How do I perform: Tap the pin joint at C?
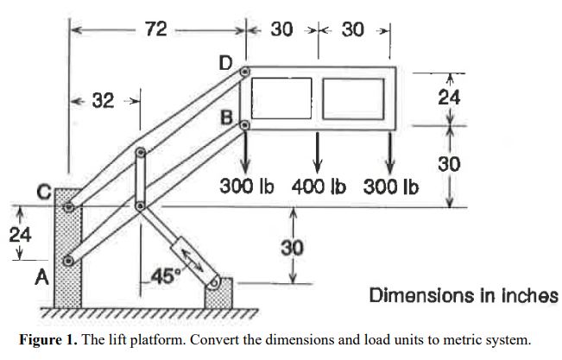[67, 206]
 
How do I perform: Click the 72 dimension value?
[156, 29]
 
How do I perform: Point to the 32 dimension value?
[104, 101]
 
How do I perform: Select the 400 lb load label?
[319, 186]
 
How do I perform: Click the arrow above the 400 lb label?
[319, 151]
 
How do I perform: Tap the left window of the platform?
[281, 98]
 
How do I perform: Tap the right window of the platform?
[353, 98]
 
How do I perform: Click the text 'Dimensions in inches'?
[463, 295]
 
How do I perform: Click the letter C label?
[42, 190]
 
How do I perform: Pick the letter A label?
[40, 278]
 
